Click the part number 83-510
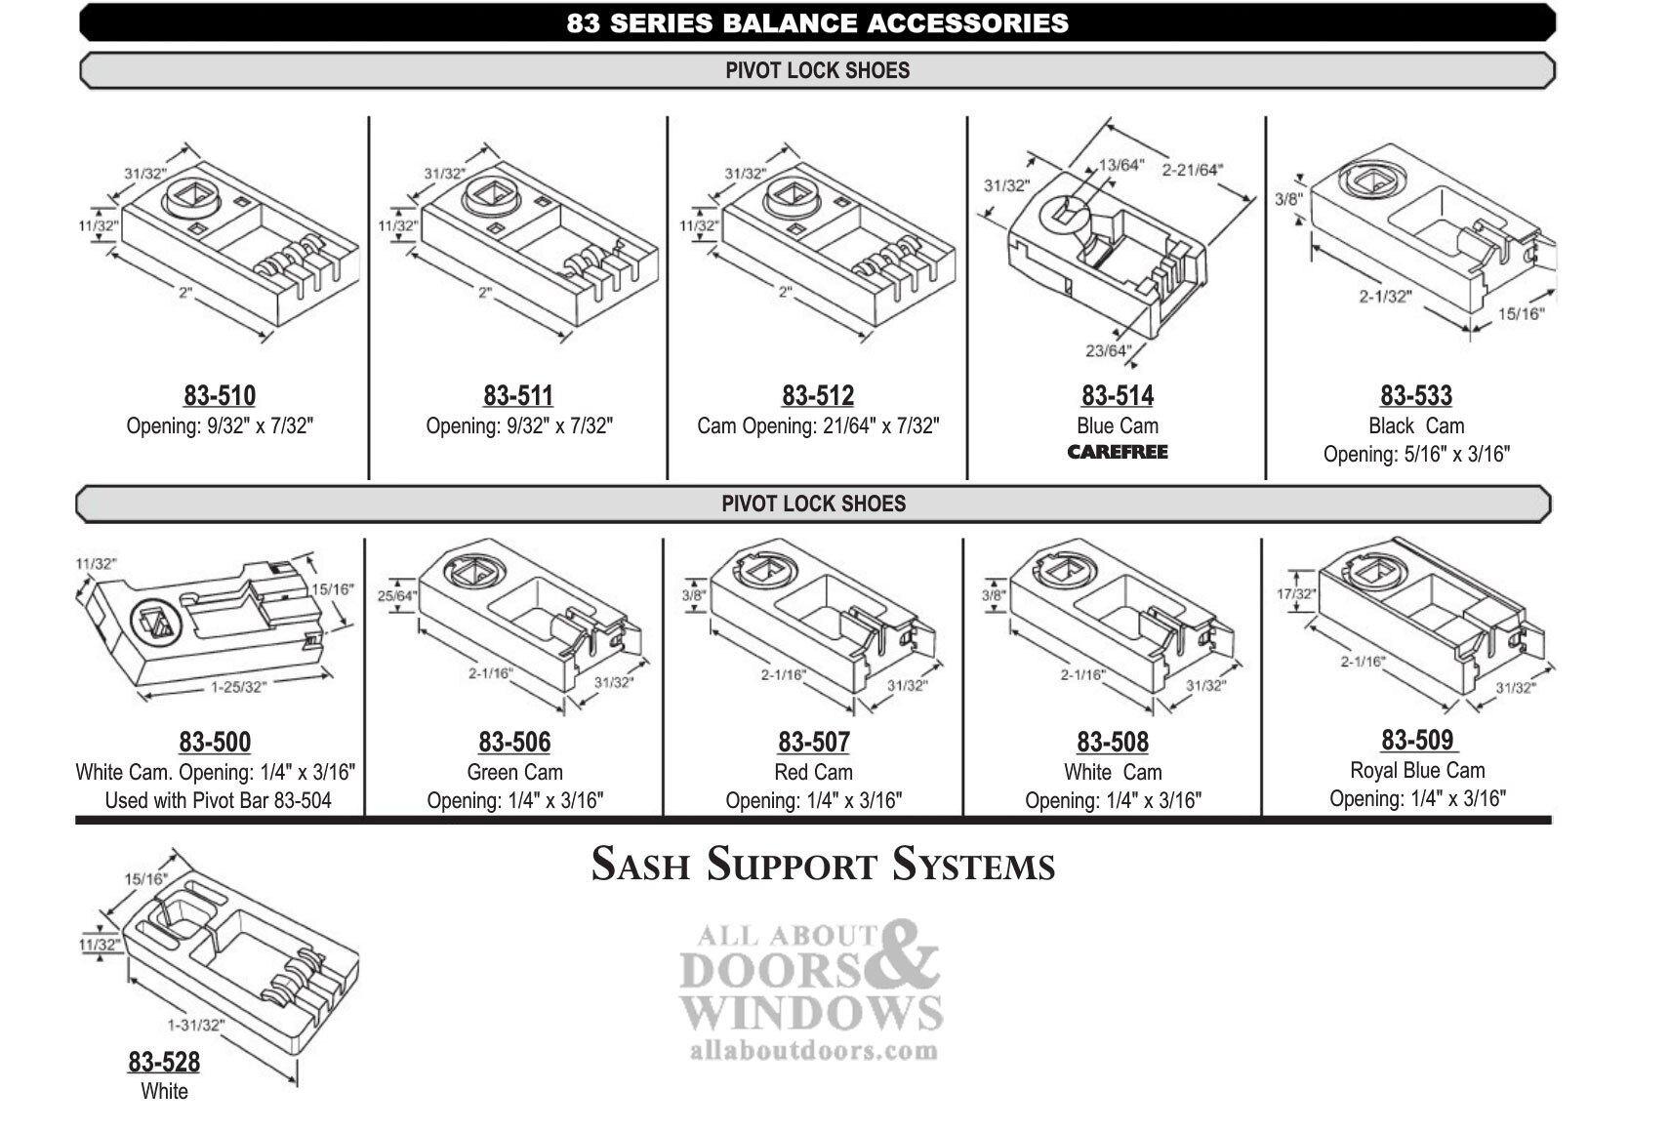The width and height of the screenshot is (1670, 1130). (220, 395)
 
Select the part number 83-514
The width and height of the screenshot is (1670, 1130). (1117, 395)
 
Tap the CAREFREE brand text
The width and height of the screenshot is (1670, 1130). (1117, 452)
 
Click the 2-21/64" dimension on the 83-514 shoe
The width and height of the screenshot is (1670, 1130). (1192, 170)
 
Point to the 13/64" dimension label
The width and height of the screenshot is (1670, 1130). (1120, 165)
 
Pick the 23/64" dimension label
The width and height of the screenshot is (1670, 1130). (1108, 350)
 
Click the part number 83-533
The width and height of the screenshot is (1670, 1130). (1415, 395)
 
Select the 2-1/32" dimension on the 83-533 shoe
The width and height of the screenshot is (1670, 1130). (1385, 296)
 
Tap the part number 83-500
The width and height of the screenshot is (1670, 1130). (215, 742)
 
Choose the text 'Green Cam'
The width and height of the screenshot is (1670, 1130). (514, 772)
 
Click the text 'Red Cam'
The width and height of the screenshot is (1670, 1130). (813, 772)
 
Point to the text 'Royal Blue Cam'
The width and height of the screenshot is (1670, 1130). (1416, 770)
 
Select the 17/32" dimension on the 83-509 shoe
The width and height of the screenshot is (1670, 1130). (1296, 593)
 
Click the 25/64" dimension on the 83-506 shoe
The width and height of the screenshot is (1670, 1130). (397, 595)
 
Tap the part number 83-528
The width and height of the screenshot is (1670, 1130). (164, 1062)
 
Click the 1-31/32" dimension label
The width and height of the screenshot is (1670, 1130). (195, 1025)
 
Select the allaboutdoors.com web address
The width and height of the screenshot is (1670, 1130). (813, 1051)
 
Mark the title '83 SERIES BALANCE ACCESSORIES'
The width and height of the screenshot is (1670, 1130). (817, 22)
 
